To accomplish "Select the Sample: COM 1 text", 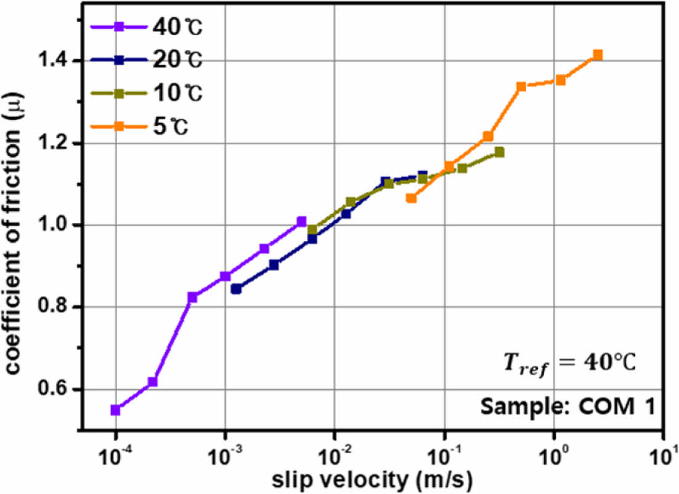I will [x=558, y=407].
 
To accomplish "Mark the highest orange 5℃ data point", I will [x=597, y=55].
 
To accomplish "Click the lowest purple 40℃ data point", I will [x=115, y=410].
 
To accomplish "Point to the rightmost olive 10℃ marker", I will [x=499, y=152].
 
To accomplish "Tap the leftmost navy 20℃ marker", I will [x=236, y=288].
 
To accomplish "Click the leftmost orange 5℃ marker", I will [x=411, y=198].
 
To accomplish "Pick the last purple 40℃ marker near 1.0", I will [x=301, y=221].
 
